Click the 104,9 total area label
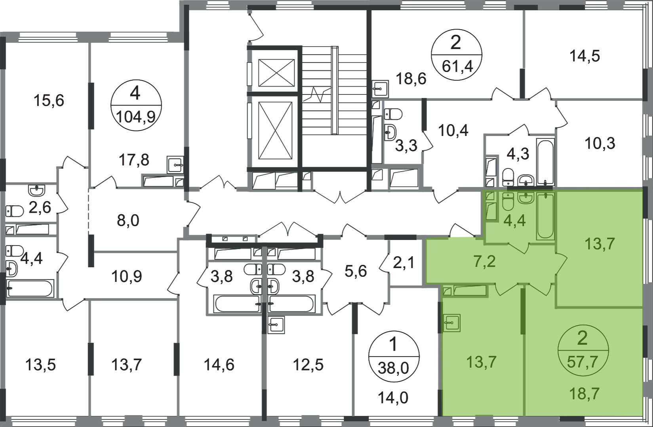(136, 117)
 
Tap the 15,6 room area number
(49, 100)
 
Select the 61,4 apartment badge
(457, 55)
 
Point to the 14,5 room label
(585, 56)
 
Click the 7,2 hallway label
(485, 261)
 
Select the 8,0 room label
(128, 220)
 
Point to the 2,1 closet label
(404, 264)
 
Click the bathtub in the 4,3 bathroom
(545, 162)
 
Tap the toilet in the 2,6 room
(14, 211)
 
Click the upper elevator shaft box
(276, 73)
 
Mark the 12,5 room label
(308, 365)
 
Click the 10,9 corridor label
(126, 276)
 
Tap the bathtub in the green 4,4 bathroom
(545, 216)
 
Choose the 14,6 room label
(219, 365)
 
